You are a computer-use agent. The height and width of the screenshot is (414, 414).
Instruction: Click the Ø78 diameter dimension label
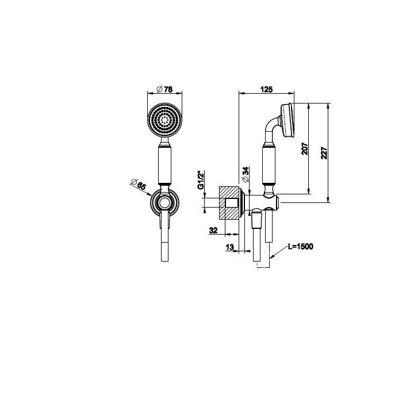click(x=164, y=89)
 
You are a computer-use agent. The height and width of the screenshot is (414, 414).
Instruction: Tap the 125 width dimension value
click(x=266, y=90)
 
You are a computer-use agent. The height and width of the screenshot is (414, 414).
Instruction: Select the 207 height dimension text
click(x=304, y=149)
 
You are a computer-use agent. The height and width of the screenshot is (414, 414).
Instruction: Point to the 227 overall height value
click(x=324, y=153)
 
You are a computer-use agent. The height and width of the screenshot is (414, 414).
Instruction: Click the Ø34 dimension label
click(x=246, y=174)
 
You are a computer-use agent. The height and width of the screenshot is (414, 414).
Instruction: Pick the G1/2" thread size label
click(x=201, y=181)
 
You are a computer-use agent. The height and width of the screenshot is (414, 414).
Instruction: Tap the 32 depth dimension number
click(x=213, y=230)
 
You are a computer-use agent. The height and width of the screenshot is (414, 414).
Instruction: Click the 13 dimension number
click(x=229, y=247)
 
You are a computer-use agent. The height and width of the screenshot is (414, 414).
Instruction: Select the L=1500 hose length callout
click(x=301, y=246)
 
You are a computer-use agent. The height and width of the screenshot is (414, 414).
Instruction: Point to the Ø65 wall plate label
click(x=139, y=184)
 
